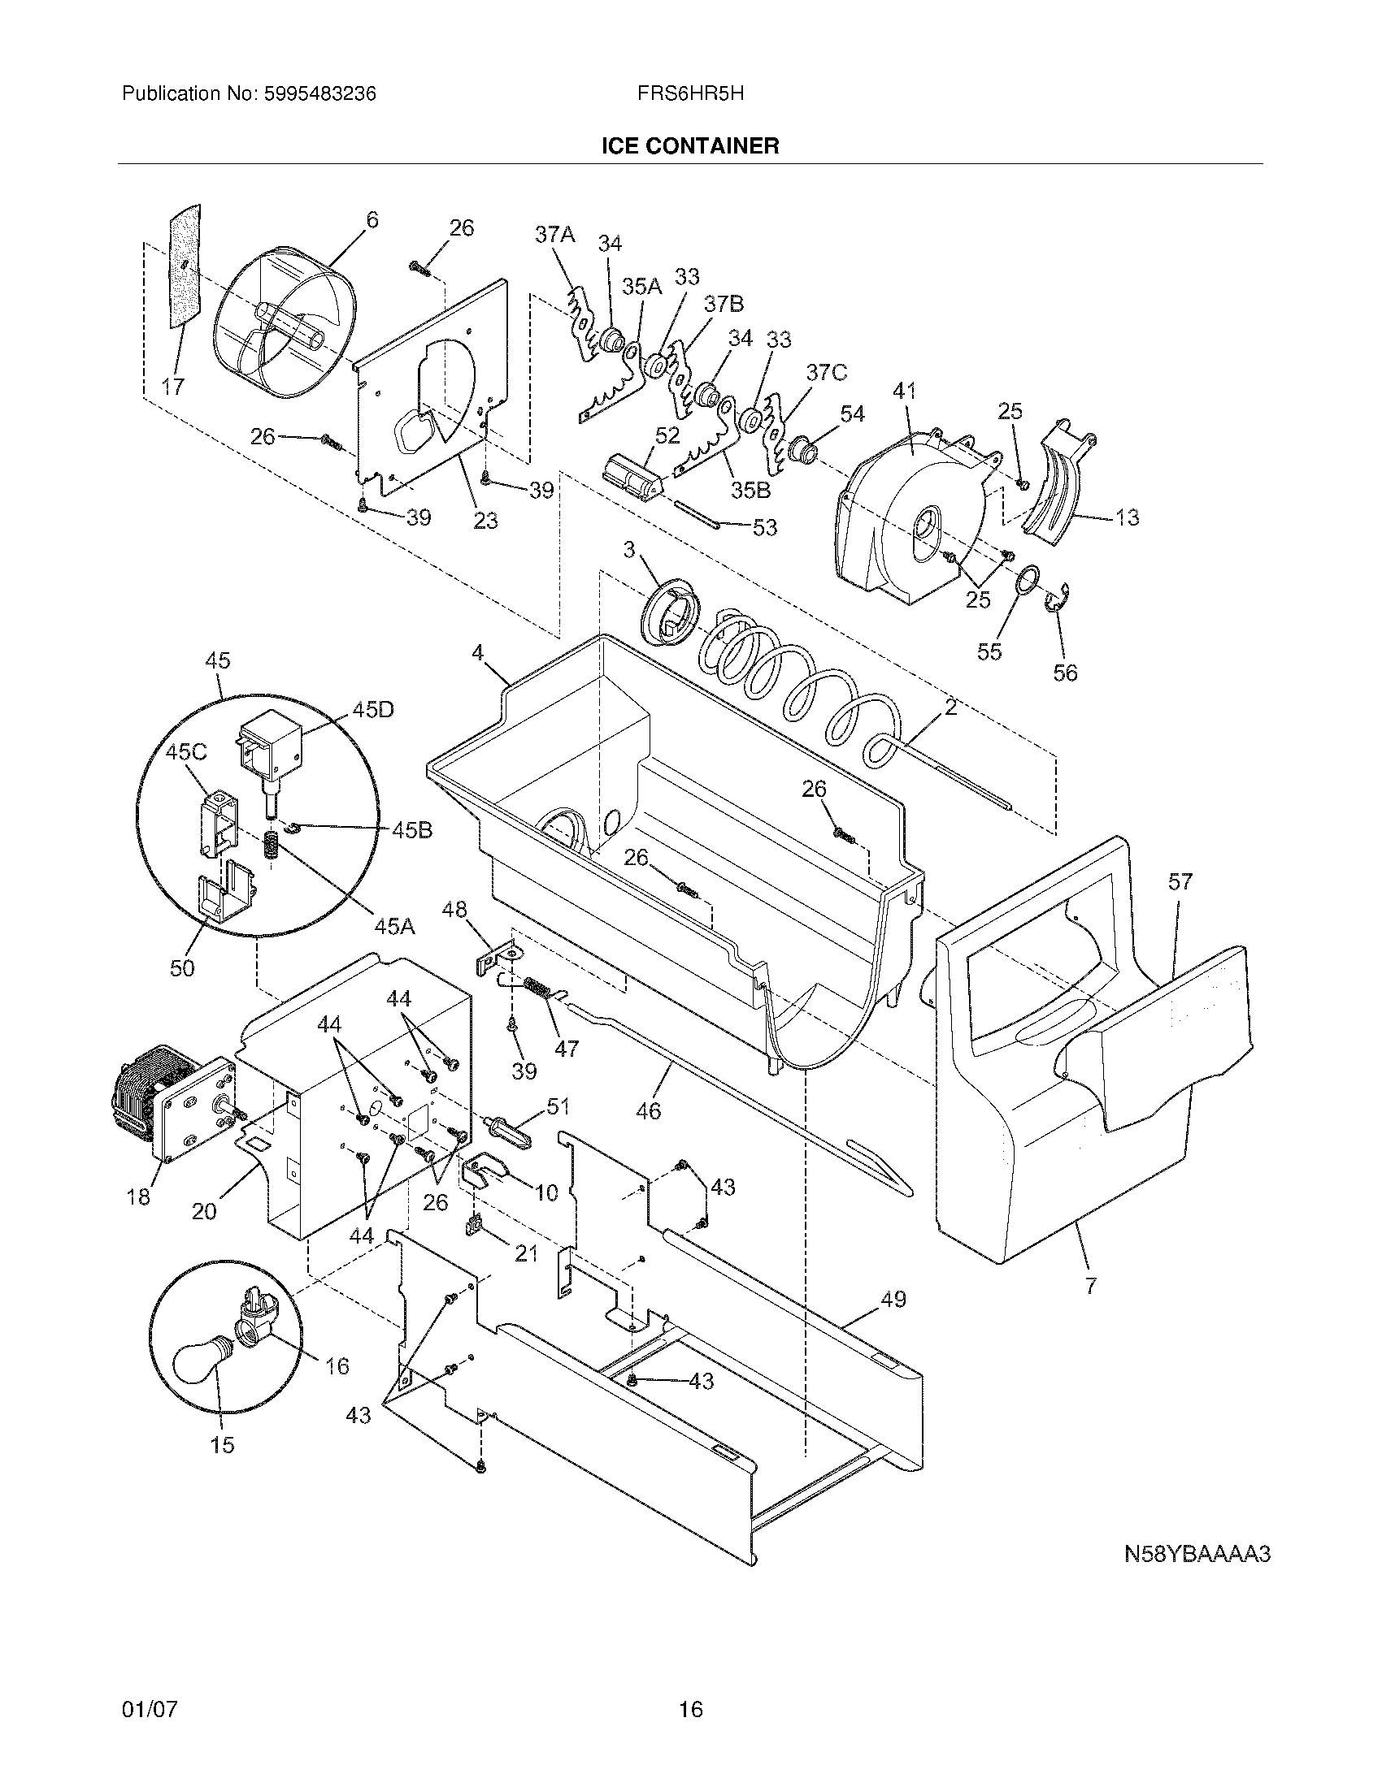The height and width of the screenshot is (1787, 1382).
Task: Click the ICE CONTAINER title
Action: tap(690, 145)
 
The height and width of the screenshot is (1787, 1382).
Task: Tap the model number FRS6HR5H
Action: tap(690, 93)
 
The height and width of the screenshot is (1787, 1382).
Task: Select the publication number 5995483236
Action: tap(320, 94)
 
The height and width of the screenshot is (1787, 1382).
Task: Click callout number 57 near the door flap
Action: tap(1180, 881)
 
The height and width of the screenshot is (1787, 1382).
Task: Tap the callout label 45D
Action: tap(372, 709)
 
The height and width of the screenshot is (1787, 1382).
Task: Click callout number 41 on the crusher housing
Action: tap(904, 392)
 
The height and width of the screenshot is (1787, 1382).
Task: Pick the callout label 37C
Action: tap(826, 373)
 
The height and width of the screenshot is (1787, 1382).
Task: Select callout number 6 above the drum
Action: tap(372, 219)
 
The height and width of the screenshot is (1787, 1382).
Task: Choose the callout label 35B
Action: tap(750, 490)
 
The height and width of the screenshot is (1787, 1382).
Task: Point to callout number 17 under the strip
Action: tap(172, 386)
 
